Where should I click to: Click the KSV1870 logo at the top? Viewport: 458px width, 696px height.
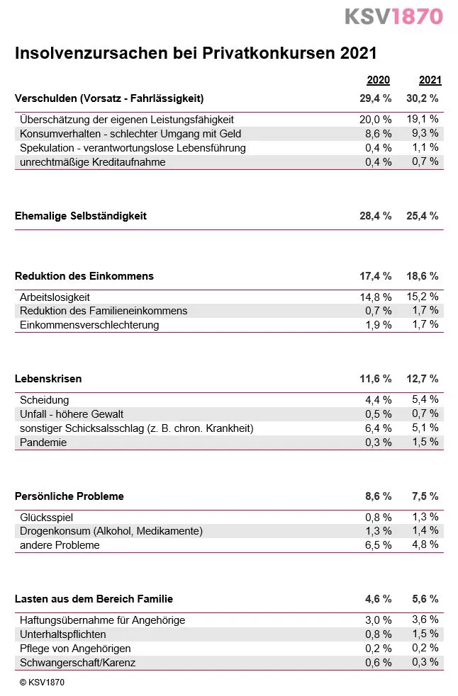coord(393,16)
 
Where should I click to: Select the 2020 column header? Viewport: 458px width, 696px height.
coord(378,80)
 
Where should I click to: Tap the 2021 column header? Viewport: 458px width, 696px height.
coord(430,80)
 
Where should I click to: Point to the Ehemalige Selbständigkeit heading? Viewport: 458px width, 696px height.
coord(81,216)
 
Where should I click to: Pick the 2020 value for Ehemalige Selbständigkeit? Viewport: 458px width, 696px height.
coord(375,216)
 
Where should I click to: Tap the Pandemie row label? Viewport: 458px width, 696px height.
coord(43,443)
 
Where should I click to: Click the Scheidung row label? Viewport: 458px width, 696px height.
coord(45,400)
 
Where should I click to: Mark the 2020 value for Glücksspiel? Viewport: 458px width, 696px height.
coord(378,518)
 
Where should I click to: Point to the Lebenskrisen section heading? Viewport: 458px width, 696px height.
coord(48,379)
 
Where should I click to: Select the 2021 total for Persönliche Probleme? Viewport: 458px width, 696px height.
coord(425,496)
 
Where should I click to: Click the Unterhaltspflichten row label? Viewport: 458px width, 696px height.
coord(63,634)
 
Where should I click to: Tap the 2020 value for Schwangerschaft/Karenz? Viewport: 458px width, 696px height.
coord(378,663)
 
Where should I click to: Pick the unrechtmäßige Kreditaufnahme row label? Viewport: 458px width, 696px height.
coord(93,162)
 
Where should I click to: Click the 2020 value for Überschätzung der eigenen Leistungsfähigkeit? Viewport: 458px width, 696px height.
coord(375,120)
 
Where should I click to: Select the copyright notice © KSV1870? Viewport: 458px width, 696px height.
coord(42,683)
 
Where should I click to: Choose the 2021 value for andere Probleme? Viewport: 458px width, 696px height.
coord(425,545)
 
